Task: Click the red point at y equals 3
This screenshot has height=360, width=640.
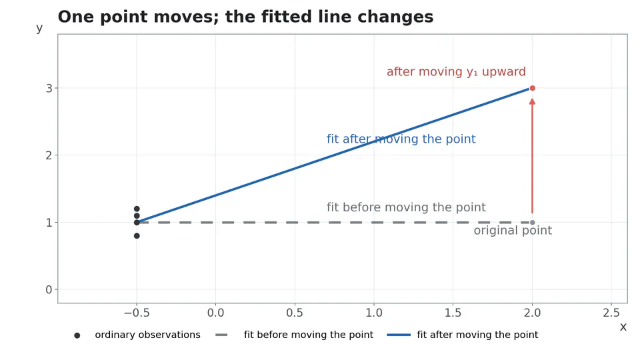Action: point(532,88)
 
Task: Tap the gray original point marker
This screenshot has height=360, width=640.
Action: point(532,223)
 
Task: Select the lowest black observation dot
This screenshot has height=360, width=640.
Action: point(137,236)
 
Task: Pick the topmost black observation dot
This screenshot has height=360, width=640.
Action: point(137,209)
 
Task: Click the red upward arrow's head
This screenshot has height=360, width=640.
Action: point(532,101)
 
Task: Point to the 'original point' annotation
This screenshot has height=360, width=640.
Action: point(513,231)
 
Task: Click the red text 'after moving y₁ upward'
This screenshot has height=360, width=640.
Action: point(456,72)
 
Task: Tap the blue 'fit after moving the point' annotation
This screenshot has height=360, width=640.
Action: point(401,139)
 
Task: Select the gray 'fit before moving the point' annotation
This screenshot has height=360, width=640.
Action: point(406,207)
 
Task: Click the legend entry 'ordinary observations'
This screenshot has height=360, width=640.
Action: point(147,335)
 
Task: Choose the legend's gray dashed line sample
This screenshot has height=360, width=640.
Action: point(221,335)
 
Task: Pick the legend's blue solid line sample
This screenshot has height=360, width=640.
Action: point(399,335)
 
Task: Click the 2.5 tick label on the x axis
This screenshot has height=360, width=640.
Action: point(611,313)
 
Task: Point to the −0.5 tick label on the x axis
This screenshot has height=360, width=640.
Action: point(137,313)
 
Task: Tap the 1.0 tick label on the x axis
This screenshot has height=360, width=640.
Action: point(374,313)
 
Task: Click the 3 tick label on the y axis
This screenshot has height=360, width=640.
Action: point(49,89)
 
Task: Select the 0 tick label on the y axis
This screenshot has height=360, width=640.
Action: point(49,290)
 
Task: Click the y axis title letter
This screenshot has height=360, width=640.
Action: point(39,29)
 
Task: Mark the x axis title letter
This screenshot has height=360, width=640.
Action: point(623,327)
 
